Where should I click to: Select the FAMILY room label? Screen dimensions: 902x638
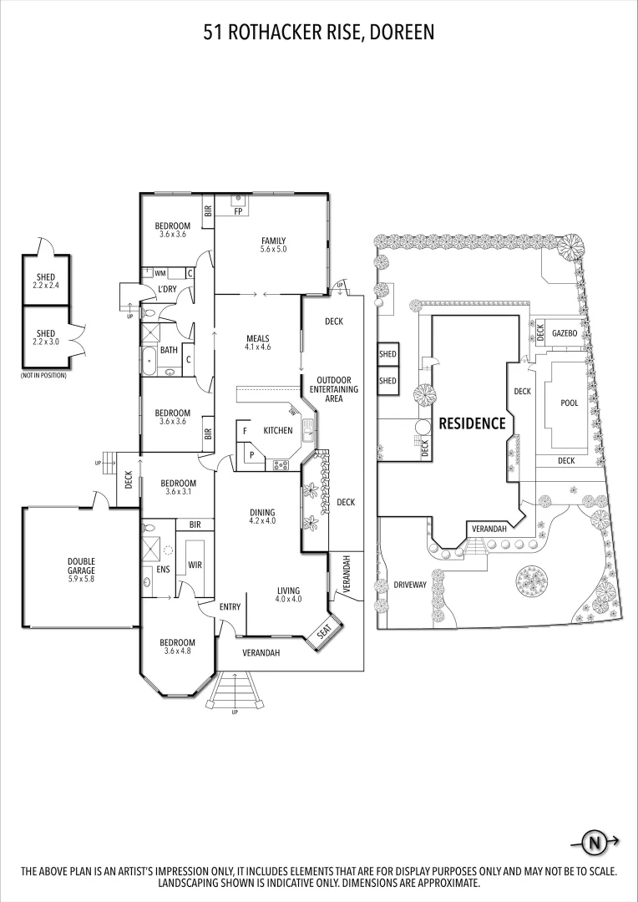pos(273,241)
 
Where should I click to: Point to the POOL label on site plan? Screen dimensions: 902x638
pos(569,403)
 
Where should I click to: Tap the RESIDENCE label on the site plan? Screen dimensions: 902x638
pos(472,423)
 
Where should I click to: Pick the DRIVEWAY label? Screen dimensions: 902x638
pos(410,585)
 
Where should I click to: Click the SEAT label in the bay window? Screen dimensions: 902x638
pos(325,635)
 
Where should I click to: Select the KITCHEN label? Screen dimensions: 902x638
pos(278,430)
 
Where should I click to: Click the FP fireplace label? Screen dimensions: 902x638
pos(238,210)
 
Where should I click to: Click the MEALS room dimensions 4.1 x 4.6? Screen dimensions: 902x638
pos(258,347)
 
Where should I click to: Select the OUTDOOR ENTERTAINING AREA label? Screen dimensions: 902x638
pos(334,389)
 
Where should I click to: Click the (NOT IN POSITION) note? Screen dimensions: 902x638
pos(43,375)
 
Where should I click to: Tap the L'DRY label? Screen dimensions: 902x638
pos(166,290)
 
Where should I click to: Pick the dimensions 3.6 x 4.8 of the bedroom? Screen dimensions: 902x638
pos(178,651)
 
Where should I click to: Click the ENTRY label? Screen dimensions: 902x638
pos(230,607)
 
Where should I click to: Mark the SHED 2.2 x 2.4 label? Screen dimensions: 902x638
pos(44,281)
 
